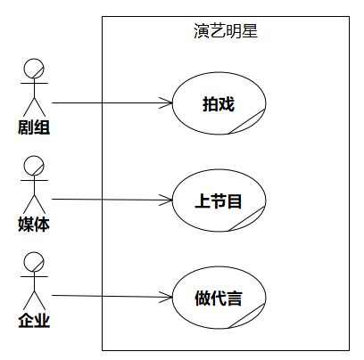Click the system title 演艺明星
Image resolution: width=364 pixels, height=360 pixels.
226,31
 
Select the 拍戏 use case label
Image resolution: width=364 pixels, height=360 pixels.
219,104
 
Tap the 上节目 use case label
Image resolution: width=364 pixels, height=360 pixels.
219,200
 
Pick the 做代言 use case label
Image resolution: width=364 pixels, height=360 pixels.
219,298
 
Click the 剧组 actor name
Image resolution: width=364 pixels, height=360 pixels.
34,127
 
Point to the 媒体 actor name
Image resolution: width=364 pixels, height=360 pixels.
34,225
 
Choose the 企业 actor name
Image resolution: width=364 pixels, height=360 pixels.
34,321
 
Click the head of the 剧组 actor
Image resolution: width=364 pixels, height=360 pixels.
34,69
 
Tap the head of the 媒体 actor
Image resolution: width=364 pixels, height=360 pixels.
34,166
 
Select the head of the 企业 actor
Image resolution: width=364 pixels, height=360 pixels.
34,262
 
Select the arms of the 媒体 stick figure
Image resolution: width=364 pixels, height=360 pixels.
34,180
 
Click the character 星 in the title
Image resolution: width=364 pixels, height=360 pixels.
250,31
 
